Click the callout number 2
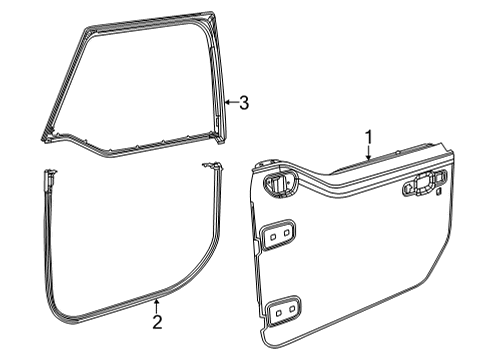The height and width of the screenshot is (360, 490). [x=156, y=321]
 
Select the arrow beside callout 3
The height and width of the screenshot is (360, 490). [x=229, y=101]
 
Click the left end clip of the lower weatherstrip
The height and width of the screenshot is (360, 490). [x=48, y=179]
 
